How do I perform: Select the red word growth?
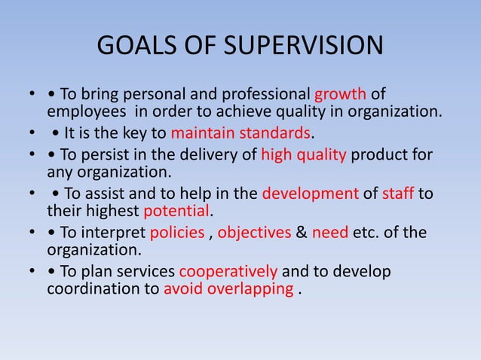(x=340, y=95)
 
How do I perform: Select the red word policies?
(x=176, y=231)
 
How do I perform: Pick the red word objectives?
(x=254, y=231)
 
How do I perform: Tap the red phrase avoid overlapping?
(x=228, y=288)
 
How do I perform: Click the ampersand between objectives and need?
(x=301, y=231)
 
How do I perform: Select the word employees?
(x=84, y=113)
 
